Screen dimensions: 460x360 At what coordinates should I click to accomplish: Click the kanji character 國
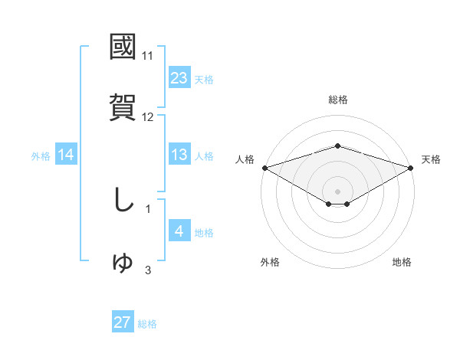click(123, 47)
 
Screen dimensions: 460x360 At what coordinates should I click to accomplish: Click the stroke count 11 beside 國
click(148, 56)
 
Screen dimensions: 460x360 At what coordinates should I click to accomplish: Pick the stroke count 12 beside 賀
click(148, 117)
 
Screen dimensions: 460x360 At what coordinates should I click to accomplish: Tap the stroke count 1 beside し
click(148, 208)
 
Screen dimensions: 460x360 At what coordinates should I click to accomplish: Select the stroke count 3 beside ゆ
click(148, 270)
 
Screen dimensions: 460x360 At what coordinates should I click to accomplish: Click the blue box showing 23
click(179, 77)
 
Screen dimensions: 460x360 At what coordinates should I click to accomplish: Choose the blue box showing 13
click(179, 155)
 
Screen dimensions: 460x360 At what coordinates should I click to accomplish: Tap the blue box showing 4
click(179, 231)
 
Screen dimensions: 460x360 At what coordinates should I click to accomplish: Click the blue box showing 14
click(66, 155)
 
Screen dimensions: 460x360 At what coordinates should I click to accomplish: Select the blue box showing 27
click(123, 322)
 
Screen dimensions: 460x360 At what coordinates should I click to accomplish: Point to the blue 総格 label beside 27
click(147, 324)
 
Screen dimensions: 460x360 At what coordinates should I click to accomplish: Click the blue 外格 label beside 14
click(41, 156)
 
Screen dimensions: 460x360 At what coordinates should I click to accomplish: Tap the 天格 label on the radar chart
click(431, 159)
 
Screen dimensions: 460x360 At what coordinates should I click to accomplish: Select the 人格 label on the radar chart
click(245, 159)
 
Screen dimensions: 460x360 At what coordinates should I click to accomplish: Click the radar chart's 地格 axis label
click(402, 262)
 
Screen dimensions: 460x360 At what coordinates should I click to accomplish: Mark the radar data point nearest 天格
click(412, 167)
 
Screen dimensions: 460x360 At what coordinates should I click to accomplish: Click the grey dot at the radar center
click(337, 191)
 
